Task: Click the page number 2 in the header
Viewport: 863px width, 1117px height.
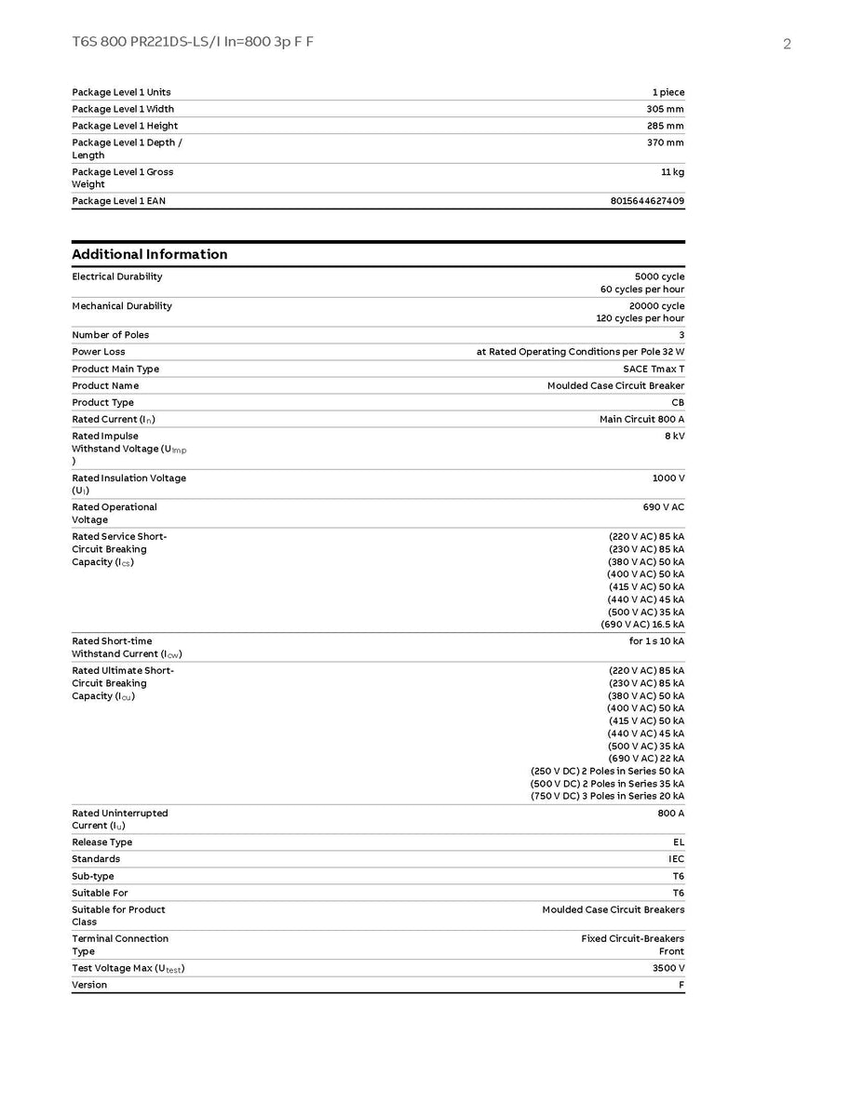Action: [x=787, y=44]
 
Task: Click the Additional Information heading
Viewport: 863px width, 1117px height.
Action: [x=150, y=254]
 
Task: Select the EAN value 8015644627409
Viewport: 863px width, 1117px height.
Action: [x=647, y=201]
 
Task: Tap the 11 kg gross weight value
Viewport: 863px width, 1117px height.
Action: [x=672, y=172]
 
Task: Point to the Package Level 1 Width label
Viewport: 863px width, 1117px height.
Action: [x=123, y=109]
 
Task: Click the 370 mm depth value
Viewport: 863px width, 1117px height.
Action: [x=665, y=142]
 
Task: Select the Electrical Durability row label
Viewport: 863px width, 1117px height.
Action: [x=117, y=276]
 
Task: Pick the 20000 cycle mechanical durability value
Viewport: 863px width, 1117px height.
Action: [x=656, y=305]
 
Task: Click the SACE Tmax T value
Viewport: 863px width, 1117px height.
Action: [x=654, y=369]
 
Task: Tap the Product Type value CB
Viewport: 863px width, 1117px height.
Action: [x=678, y=402]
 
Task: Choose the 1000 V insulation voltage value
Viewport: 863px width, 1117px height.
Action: [x=667, y=478]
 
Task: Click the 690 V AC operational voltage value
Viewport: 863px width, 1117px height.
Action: [x=657, y=507]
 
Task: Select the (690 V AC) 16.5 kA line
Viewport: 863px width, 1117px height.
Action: [x=642, y=625]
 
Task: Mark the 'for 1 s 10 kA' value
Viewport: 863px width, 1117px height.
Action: [x=656, y=641]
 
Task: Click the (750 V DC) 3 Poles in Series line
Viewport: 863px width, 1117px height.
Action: [x=607, y=796]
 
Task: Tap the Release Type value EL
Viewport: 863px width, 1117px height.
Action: [x=679, y=842]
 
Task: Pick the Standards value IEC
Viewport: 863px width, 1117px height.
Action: [x=676, y=859]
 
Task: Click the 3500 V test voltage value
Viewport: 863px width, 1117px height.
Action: [x=668, y=968]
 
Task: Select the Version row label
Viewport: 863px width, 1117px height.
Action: [x=89, y=985]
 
